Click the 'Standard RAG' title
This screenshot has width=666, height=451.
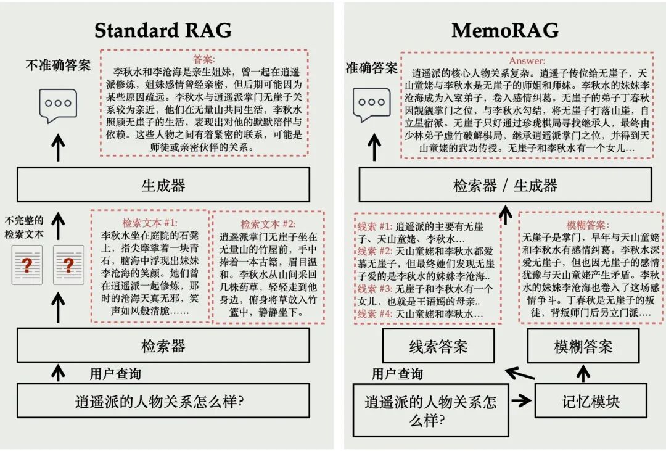tap(163, 30)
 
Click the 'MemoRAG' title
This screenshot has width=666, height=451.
tap(505, 30)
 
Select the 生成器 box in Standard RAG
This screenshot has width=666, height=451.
tap(163, 184)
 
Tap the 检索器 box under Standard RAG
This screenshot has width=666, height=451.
tap(163, 345)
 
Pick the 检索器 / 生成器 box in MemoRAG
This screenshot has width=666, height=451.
tap(505, 184)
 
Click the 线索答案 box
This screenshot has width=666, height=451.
tap(438, 346)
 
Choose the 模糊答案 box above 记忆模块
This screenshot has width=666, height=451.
tap(583, 346)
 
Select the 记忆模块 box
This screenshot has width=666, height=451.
tap(590, 400)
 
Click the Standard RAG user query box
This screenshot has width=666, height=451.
tap(163, 401)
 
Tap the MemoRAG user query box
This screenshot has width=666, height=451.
tap(430, 410)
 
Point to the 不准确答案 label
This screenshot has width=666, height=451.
tap(57, 65)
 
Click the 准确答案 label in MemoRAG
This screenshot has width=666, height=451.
tap(371, 68)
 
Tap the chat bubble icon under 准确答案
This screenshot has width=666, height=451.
tap(371, 105)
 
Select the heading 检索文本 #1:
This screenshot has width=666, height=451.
tap(149, 222)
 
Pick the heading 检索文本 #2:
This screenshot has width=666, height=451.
tap(268, 224)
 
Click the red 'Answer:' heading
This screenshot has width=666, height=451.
tap(527, 61)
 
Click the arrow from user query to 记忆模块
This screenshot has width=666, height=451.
tap(521, 400)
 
